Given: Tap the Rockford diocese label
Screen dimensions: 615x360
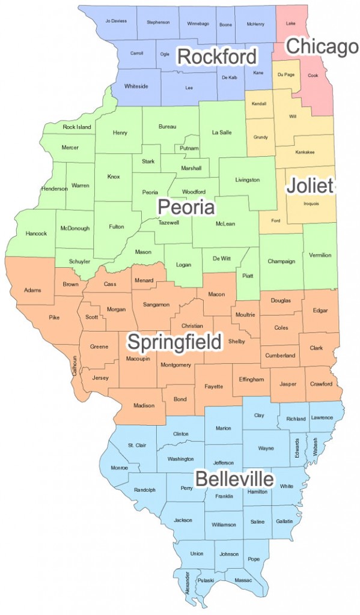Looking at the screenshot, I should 217,57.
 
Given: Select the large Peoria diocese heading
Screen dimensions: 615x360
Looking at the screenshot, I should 186,208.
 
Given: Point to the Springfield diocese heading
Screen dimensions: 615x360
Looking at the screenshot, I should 174,342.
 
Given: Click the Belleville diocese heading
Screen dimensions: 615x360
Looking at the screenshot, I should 234,479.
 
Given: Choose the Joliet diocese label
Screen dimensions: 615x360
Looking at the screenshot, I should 309,186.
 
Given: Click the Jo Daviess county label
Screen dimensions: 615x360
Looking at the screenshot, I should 116,21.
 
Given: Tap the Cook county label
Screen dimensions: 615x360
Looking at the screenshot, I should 313,76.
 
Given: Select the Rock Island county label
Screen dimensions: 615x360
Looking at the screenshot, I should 77,127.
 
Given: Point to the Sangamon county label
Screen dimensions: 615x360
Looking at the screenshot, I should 156,304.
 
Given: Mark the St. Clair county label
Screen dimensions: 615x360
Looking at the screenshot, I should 138,445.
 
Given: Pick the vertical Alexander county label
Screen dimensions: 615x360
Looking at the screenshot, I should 187,582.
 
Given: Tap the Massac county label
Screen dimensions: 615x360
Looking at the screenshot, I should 243,581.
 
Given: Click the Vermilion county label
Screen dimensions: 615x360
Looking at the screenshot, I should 319,255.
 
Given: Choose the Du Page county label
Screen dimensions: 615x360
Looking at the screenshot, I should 285,74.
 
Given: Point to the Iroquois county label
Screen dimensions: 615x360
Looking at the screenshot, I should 311,204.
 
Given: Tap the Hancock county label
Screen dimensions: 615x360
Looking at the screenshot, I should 36,233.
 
